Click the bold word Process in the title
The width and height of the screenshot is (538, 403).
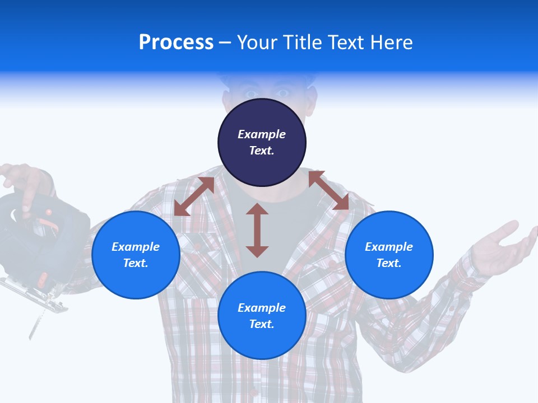176,43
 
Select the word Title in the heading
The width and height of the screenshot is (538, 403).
303,43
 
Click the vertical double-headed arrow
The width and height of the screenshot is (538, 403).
257,230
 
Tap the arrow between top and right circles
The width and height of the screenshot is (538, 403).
328,190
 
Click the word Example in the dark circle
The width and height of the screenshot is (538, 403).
262,134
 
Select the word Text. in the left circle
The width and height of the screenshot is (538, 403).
136,263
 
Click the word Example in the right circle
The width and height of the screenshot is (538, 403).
389,247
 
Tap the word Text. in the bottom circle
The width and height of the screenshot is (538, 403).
262,324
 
